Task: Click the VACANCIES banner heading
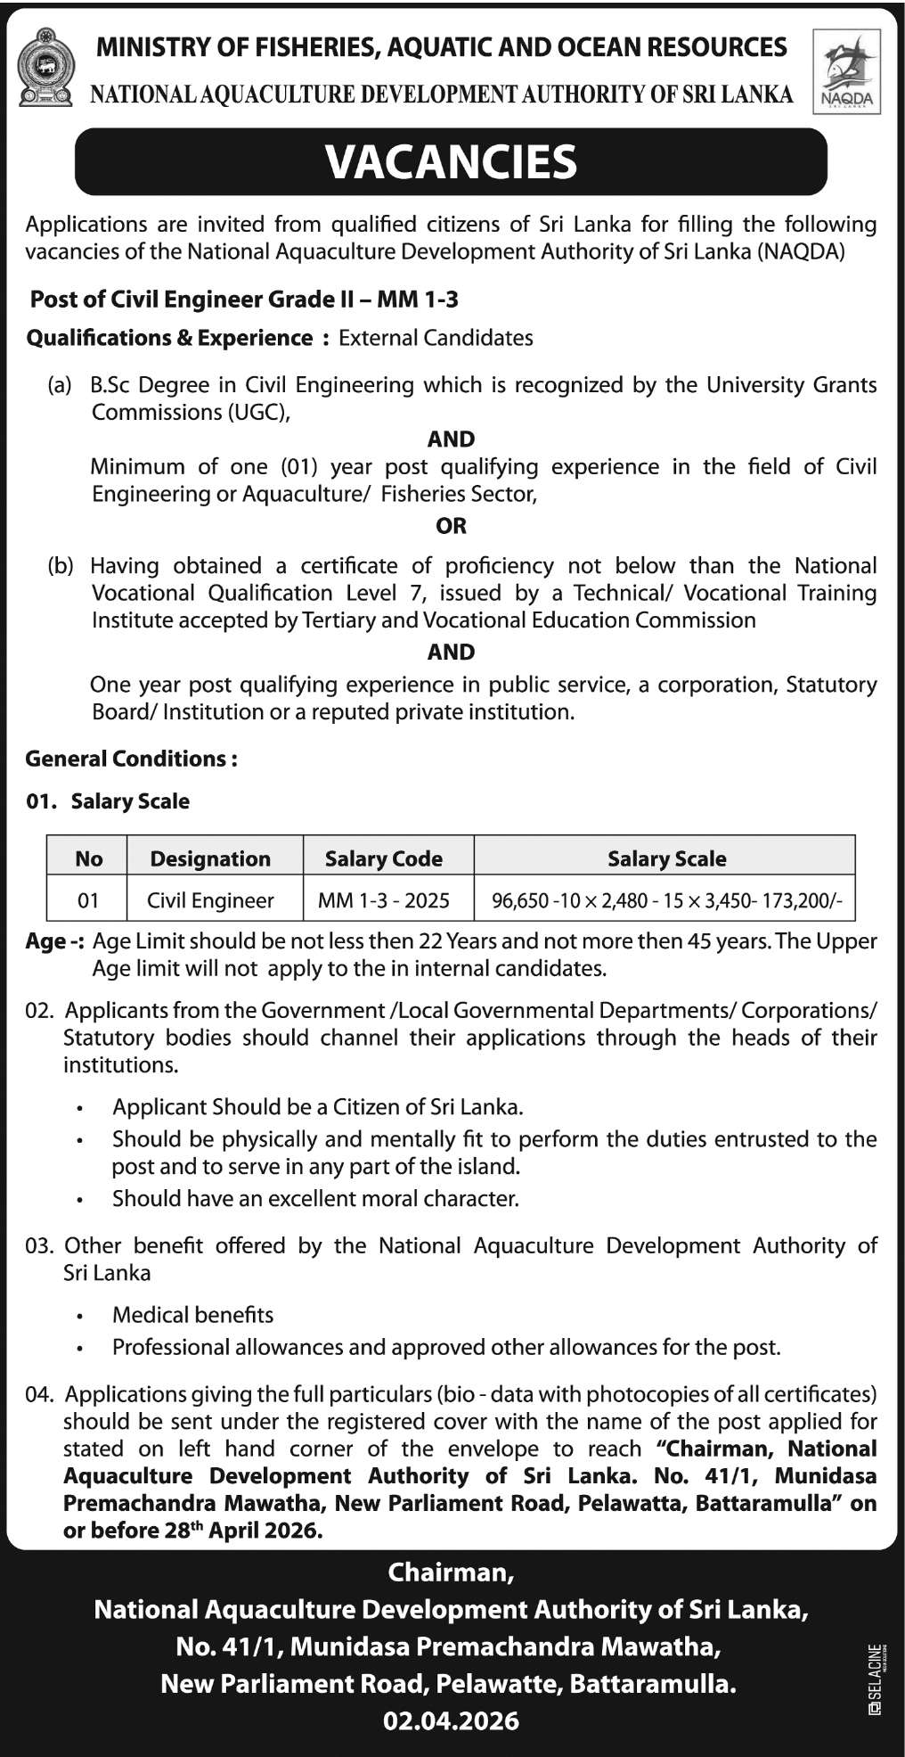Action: point(451,162)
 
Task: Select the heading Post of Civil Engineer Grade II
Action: point(244,300)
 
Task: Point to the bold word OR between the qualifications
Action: point(451,526)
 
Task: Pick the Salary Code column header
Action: point(384,858)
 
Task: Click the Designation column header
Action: point(210,858)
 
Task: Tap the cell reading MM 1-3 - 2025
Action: point(384,900)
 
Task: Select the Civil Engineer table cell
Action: point(210,900)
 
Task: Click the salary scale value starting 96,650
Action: point(666,901)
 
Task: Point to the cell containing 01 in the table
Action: point(88,900)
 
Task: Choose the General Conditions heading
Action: point(132,759)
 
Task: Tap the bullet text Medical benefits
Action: point(192,1315)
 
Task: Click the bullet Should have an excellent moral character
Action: point(315,1199)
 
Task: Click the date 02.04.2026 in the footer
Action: point(451,1720)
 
